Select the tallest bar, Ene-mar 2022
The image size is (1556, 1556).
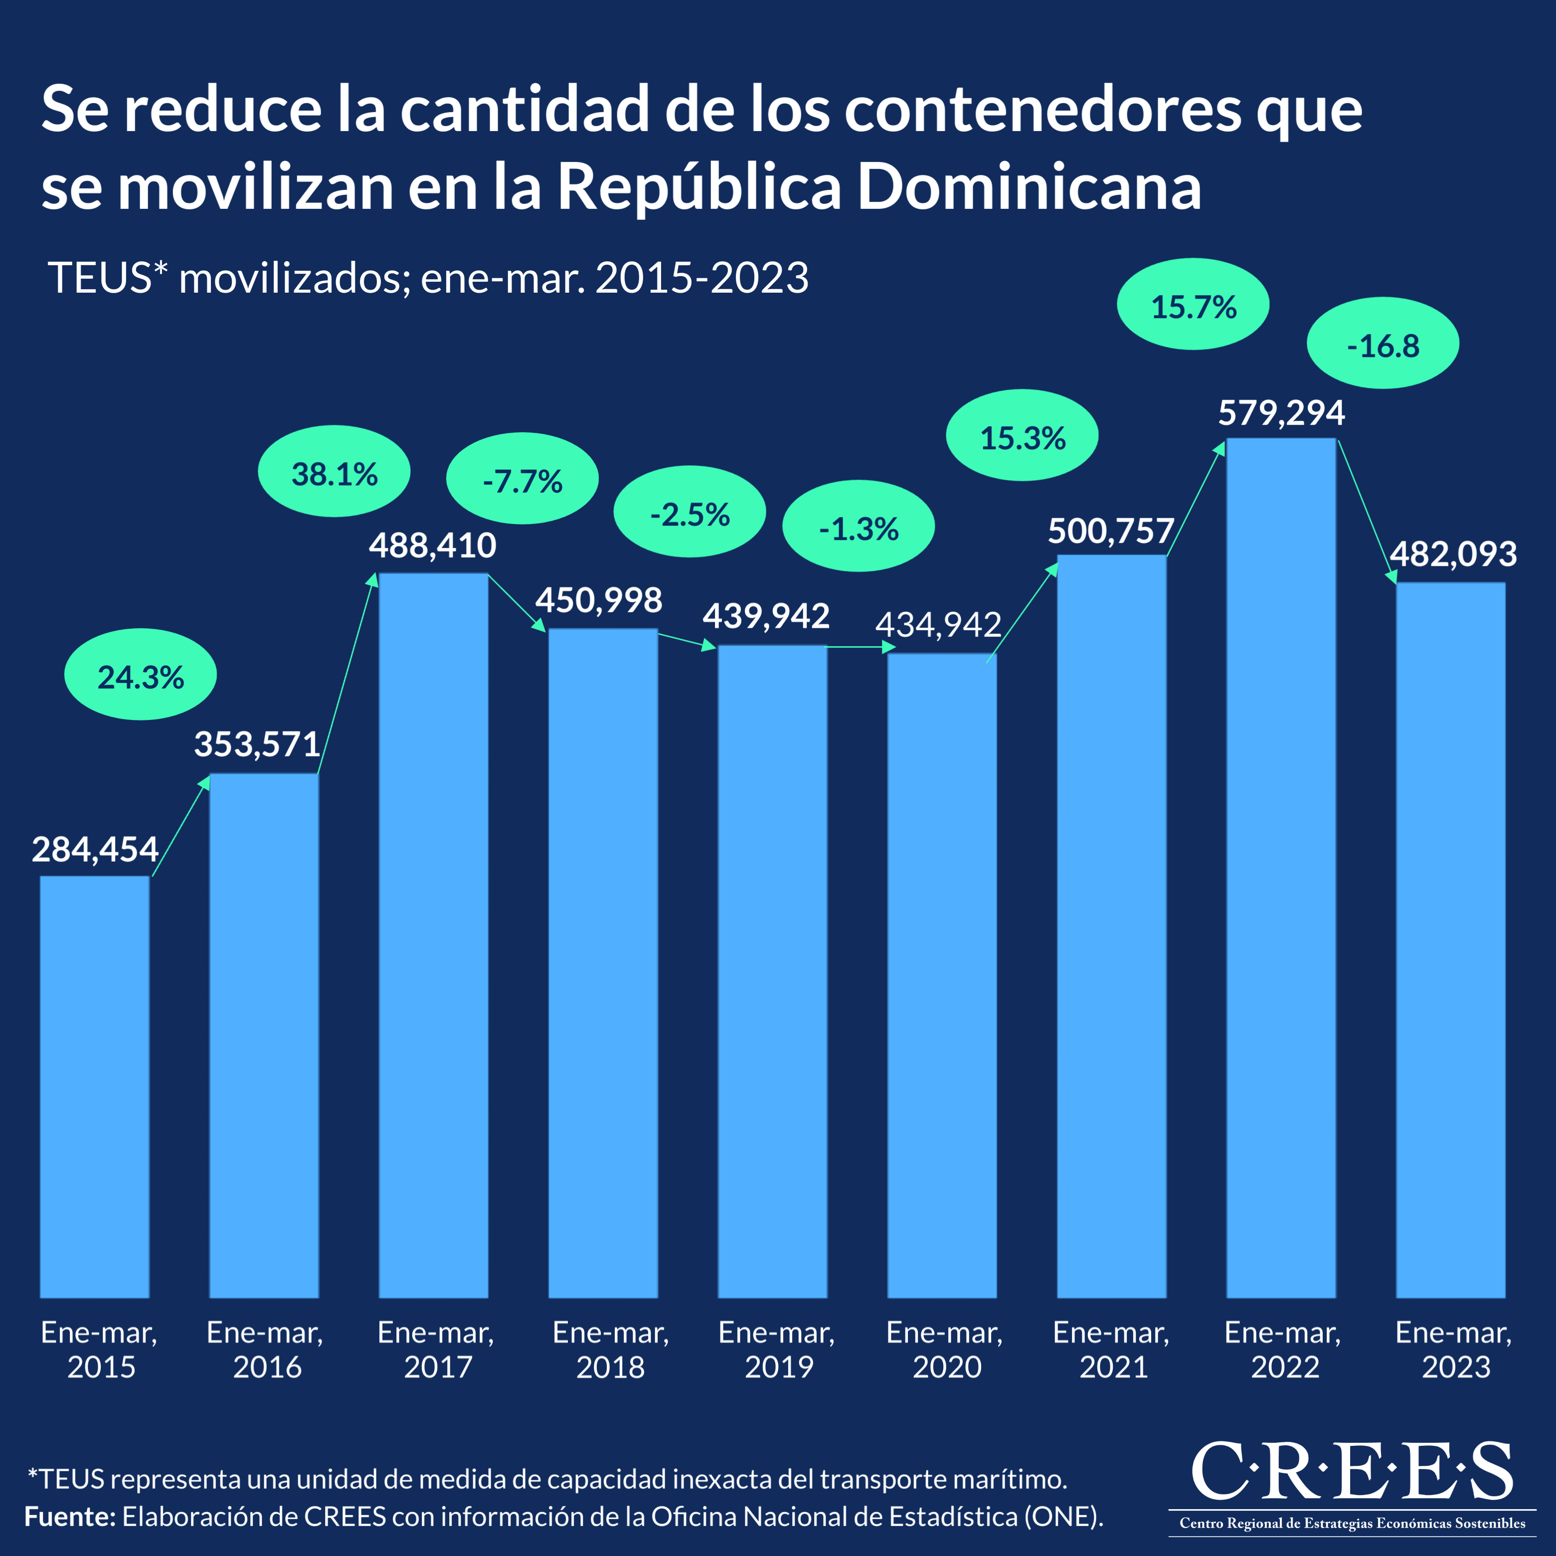tap(1281, 870)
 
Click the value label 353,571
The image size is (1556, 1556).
tap(257, 744)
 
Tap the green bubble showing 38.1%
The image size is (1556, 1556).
tap(334, 471)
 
